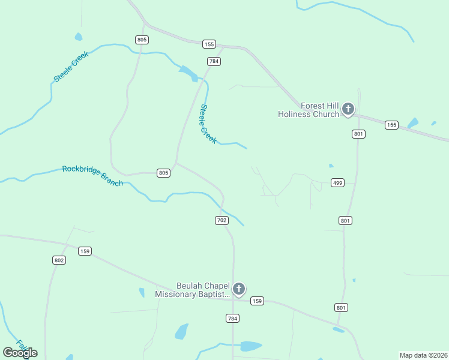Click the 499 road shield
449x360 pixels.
tap(337, 182)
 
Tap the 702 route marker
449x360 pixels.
tap(221, 220)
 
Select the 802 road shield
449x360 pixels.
tap(59, 260)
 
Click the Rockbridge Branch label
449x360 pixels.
tap(92, 176)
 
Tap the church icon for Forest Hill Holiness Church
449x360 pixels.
tap(348, 109)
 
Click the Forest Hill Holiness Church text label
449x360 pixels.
tap(309, 110)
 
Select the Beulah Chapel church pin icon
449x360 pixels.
tap(239, 289)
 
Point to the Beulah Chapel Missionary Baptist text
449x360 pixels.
tap(193, 290)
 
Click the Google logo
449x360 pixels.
tap(20, 353)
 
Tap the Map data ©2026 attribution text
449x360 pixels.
tap(423, 355)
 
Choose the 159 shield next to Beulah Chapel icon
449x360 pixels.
tap(258, 301)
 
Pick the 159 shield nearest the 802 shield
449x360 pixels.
tap(85, 251)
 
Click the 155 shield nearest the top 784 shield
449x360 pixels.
tap(209, 44)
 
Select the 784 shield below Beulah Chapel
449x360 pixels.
tap(233, 317)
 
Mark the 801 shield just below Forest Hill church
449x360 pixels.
tap(359, 134)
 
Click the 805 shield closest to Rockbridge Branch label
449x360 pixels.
tap(164, 173)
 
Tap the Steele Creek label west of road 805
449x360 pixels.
tap(71, 67)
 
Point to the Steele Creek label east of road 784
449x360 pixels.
tap(208, 124)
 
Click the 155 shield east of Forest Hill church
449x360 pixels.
tap(391, 125)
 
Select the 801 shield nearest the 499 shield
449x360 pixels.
tap(345, 220)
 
